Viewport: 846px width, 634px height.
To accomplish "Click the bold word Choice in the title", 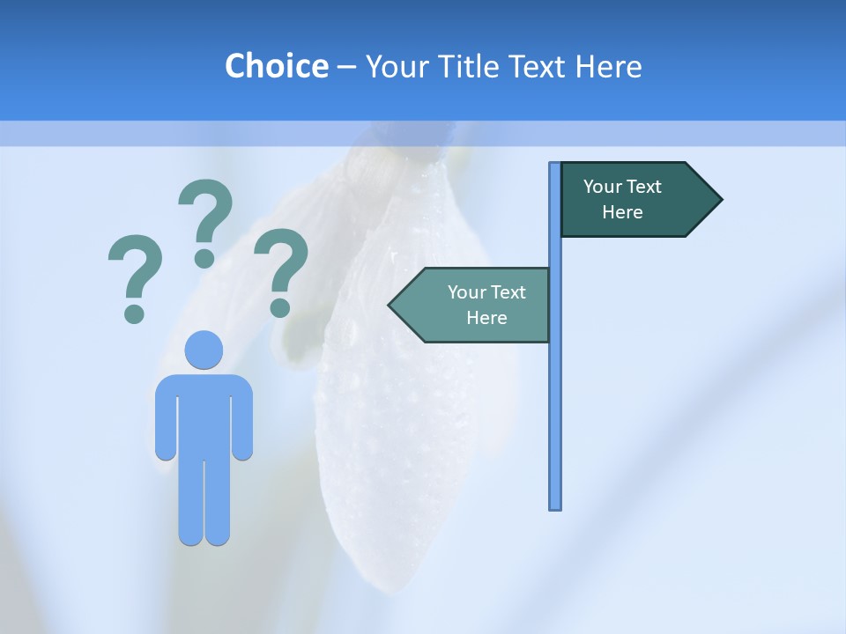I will click(276, 66).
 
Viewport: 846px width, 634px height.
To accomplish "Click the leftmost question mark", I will click(135, 277).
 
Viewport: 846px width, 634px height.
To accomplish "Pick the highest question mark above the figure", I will click(205, 220).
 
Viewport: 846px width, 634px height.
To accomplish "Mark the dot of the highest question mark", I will click(204, 258).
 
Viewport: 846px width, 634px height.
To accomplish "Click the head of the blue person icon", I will click(204, 350).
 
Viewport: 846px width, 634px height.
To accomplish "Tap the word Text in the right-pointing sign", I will click(645, 187).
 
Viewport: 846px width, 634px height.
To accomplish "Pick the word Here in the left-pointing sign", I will click(486, 318).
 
